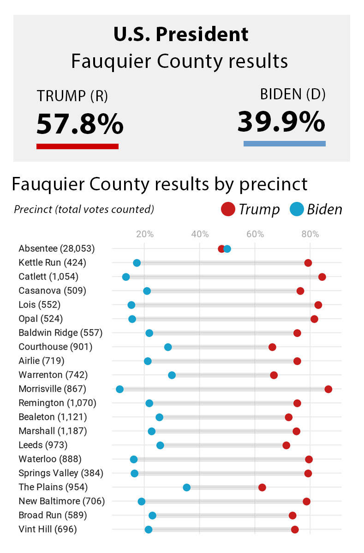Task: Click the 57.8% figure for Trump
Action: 80,124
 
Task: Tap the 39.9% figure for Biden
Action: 281,122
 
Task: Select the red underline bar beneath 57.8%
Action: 78,146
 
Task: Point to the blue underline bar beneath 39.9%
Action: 284,144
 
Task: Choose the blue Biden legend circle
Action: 297,209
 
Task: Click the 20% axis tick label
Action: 145,234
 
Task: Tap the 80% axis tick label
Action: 310,234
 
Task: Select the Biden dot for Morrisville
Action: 119,389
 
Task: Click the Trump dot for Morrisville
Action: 328,389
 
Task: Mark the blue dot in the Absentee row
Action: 227,249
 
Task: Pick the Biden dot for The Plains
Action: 186,487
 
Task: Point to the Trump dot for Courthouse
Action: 272,347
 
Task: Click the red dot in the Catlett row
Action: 322,277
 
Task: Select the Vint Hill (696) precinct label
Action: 48,529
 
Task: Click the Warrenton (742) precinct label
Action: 53,375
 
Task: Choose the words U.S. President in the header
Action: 181,34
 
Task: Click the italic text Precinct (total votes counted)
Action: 84,209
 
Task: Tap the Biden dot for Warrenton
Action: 172,375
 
